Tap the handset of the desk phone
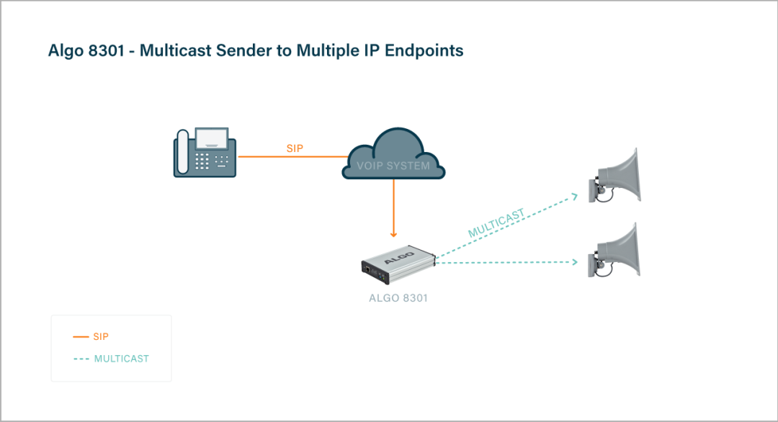click(182, 152)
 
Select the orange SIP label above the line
click(295, 148)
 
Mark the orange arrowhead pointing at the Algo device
click(393, 233)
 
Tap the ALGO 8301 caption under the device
click(398, 297)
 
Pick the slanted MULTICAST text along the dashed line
click(496, 223)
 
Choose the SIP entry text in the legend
click(101, 336)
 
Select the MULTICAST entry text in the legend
click(122, 359)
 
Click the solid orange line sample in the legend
click(81, 336)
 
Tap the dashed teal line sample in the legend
click(81, 359)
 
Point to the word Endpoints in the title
click(424, 50)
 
